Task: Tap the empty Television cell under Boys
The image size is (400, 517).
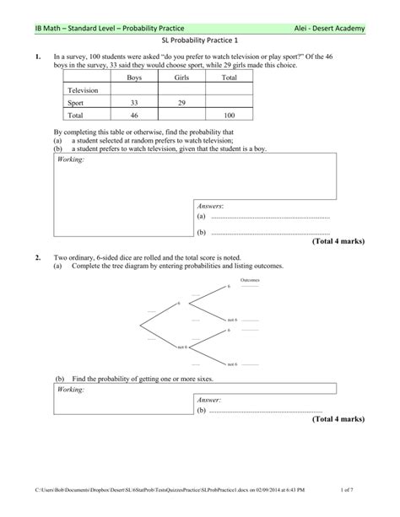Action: (x=134, y=89)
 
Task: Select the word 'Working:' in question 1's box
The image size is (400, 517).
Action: (x=71, y=159)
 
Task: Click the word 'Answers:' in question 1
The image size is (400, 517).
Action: (x=210, y=206)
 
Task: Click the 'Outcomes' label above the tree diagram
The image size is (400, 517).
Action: (x=249, y=280)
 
